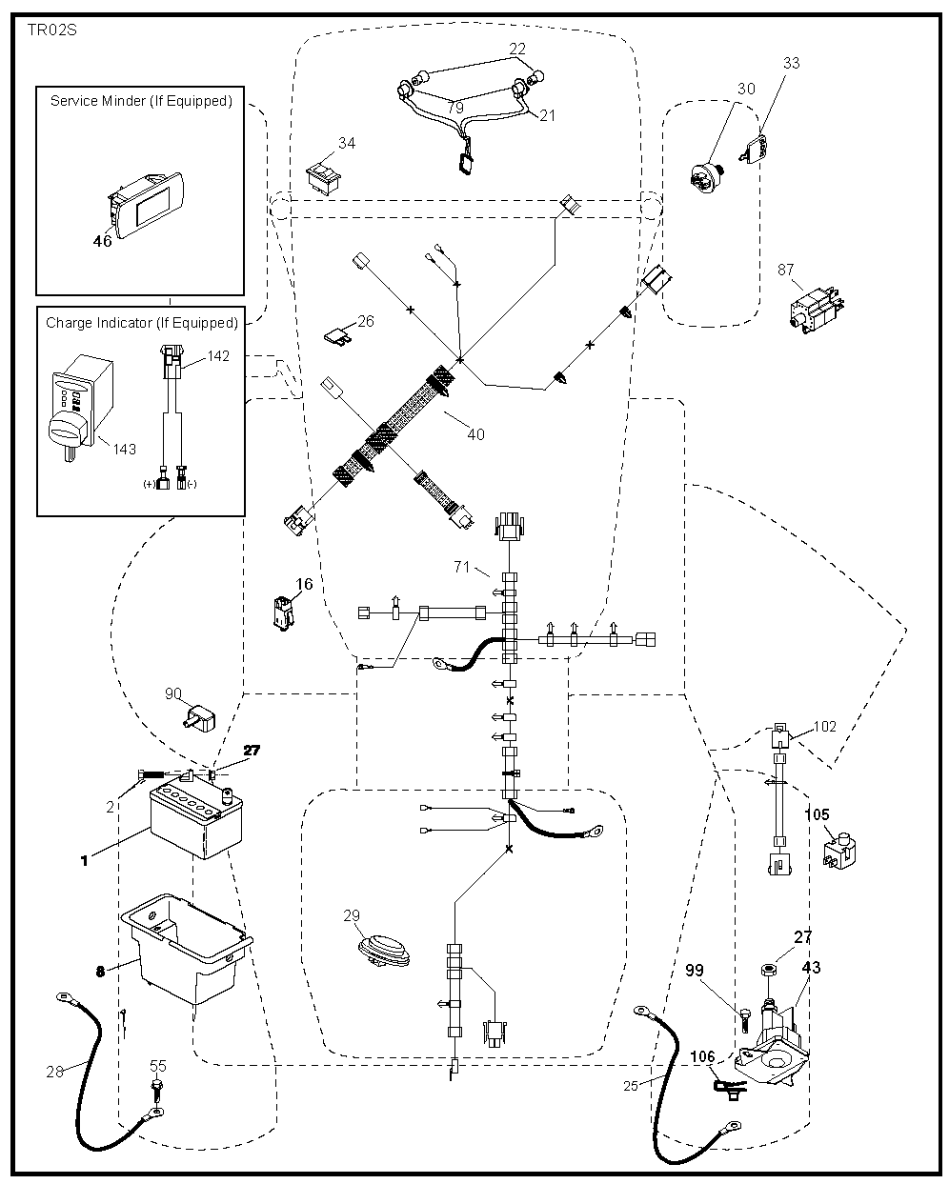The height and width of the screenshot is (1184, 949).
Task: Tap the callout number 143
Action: pyautogui.click(x=124, y=449)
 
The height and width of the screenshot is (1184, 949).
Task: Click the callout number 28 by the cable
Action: pyautogui.click(x=54, y=1072)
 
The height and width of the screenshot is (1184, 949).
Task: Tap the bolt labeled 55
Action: pyautogui.click(x=155, y=1087)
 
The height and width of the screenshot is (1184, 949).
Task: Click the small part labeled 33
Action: pyautogui.click(x=754, y=147)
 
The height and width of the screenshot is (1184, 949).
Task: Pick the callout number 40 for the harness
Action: pyautogui.click(x=475, y=434)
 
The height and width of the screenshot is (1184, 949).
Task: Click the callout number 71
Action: pyautogui.click(x=461, y=567)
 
